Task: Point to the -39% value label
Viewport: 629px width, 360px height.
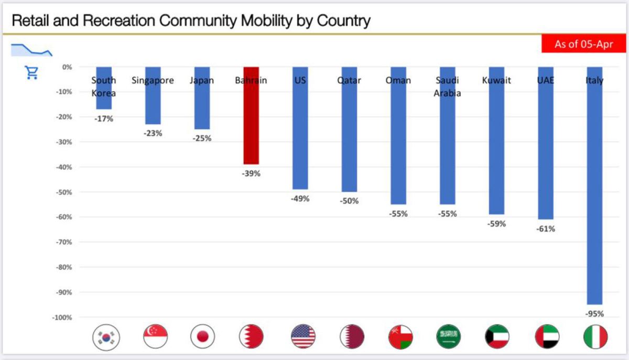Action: (251, 173)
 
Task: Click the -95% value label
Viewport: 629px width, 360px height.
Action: (594, 314)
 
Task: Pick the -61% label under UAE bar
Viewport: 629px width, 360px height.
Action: (545, 228)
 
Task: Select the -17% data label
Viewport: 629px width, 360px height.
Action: (104, 119)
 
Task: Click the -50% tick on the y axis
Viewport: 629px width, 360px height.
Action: (64, 192)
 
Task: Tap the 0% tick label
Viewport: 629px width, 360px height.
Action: (67, 67)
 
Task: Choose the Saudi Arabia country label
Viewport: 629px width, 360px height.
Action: (448, 86)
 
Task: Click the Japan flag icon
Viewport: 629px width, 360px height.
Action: (202, 336)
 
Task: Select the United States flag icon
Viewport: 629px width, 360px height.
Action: (303, 336)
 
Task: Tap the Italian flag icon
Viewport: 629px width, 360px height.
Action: (595, 336)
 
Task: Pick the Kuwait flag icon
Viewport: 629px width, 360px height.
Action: (497, 336)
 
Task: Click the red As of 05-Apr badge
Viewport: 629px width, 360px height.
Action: (584, 44)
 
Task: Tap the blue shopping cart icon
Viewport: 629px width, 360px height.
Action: (32, 72)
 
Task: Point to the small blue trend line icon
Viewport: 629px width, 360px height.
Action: (31, 50)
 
